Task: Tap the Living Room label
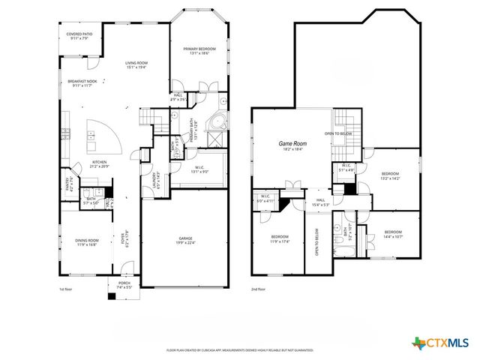(x=136, y=64)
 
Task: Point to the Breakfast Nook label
(x=82, y=83)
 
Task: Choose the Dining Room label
(x=86, y=241)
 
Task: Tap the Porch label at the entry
(x=123, y=285)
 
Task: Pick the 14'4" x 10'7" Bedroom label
(x=393, y=234)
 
